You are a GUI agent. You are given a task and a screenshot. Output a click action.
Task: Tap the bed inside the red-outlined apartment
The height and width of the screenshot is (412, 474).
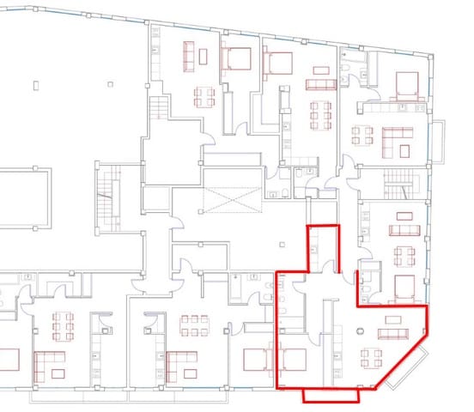tap(293, 360)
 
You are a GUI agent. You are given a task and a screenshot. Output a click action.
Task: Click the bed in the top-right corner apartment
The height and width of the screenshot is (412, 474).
tap(406, 84)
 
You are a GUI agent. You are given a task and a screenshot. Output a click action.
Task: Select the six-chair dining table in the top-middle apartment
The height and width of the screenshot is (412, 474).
tap(319, 114)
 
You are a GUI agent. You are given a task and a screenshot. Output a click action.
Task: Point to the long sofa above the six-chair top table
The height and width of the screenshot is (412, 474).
tap(321, 83)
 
